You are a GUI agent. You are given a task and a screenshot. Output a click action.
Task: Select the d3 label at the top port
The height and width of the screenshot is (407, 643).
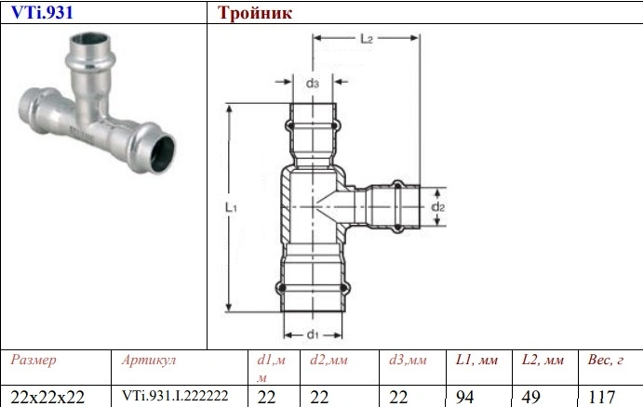[x=314, y=84]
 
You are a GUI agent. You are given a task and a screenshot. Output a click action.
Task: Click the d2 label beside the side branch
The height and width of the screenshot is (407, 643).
[x=439, y=206]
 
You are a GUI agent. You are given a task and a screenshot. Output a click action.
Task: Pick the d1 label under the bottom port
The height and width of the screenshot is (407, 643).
[x=314, y=334]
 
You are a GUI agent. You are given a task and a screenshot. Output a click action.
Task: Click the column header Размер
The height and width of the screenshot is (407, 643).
[x=33, y=360]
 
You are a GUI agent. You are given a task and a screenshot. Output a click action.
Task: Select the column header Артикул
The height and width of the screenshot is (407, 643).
[x=149, y=360]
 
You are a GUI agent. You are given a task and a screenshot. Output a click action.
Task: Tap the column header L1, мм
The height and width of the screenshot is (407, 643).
[x=477, y=360]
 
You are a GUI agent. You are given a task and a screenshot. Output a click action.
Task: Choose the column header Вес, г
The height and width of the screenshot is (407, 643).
[x=606, y=360]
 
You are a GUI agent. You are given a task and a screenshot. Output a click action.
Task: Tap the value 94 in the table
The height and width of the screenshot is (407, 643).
[x=465, y=396]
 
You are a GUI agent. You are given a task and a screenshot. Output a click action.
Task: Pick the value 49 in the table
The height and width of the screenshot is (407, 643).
[x=530, y=396]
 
